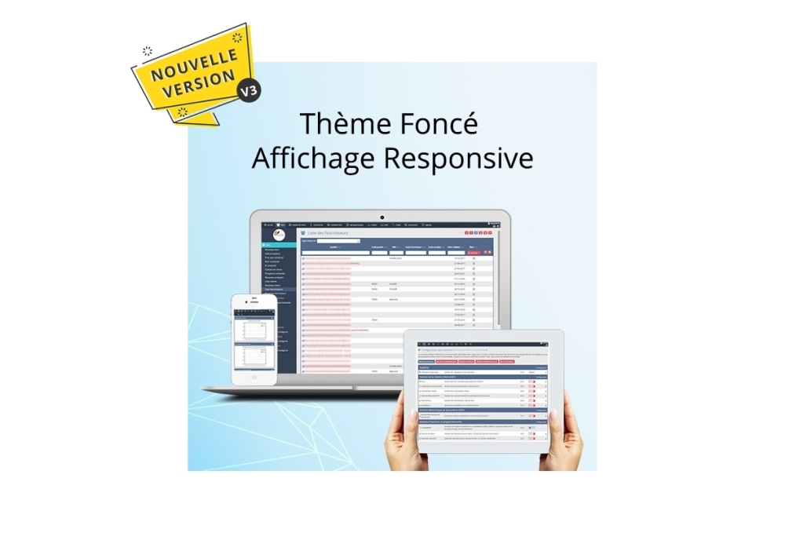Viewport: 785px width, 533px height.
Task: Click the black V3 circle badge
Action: point(249,90)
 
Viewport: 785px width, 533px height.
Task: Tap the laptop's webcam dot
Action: point(382,217)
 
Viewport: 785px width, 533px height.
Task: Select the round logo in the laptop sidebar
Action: point(279,235)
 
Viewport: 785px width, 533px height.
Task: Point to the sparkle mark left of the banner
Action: point(147,52)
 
